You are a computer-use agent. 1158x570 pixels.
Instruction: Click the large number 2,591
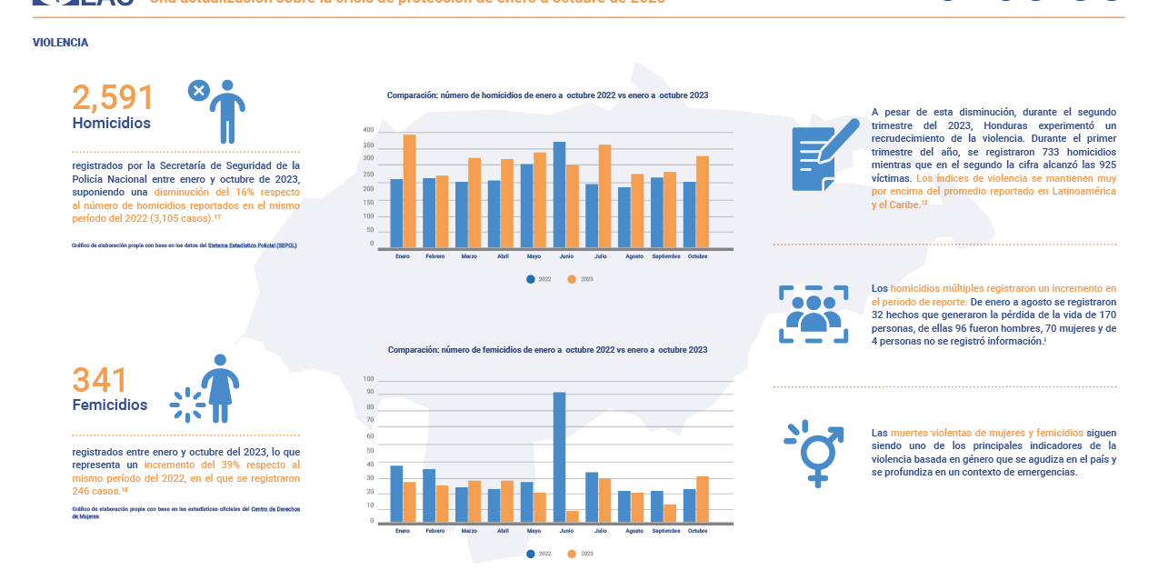pyautogui.click(x=114, y=98)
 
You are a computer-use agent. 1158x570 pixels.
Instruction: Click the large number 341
pyautogui.click(x=100, y=381)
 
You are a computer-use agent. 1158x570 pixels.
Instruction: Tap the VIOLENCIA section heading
pyautogui.click(x=60, y=43)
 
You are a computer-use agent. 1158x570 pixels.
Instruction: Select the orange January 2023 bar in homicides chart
pyautogui.click(x=409, y=191)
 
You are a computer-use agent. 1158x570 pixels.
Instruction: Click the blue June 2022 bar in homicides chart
pyautogui.click(x=559, y=195)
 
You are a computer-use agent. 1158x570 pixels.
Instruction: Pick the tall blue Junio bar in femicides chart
pyautogui.click(x=559, y=456)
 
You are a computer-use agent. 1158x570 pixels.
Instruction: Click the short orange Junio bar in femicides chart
pyautogui.click(x=572, y=516)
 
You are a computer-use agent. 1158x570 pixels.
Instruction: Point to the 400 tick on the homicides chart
pyautogui.click(x=368, y=130)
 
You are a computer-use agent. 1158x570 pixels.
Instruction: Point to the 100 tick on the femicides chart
pyautogui.click(x=368, y=379)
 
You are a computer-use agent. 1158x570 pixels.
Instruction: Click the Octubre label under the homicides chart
pyautogui.click(x=697, y=256)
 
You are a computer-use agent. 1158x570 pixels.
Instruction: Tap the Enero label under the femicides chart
pyautogui.click(x=403, y=531)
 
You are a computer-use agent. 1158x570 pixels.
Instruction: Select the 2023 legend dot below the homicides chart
pyautogui.click(x=572, y=279)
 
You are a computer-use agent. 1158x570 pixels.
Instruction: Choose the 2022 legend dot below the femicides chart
pyautogui.click(x=530, y=554)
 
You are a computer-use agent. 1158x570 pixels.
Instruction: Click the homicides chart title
pyautogui.click(x=547, y=95)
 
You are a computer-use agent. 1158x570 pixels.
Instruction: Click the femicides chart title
pyautogui.click(x=547, y=349)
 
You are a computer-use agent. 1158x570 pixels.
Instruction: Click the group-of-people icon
pyautogui.click(x=814, y=314)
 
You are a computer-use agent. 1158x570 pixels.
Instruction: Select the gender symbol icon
pyautogui.click(x=814, y=452)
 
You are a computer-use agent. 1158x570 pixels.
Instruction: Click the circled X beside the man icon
pyautogui.click(x=198, y=90)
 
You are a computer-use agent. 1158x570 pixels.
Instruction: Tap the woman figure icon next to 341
pyautogui.click(x=219, y=388)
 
